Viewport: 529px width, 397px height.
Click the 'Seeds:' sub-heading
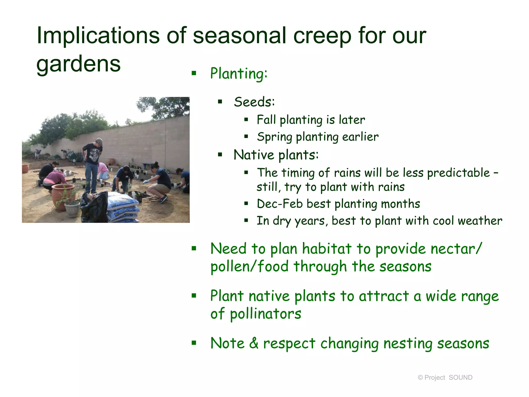[254, 102]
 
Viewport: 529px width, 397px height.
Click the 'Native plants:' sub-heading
[276, 155]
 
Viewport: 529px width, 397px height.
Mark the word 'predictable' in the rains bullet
[458, 173]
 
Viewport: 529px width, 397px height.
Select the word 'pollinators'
[265, 314]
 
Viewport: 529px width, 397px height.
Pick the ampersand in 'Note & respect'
[254, 343]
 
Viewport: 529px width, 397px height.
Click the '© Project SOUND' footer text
[445, 377]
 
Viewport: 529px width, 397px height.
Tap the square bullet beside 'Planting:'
[194, 73]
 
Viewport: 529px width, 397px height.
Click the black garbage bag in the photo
[94, 208]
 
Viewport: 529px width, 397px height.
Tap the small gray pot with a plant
[72, 208]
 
